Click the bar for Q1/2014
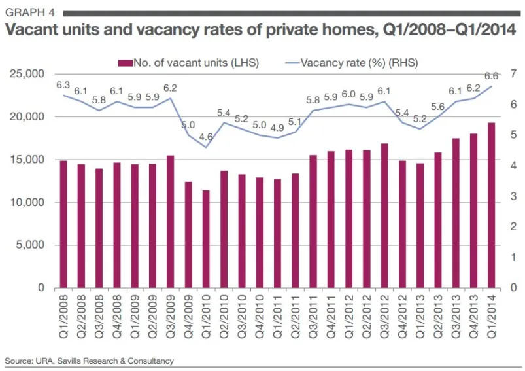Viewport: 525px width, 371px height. (x=490, y=205)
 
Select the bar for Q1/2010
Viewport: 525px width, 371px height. (x=206, y=239)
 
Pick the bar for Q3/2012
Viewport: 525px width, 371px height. (x=384, y=215)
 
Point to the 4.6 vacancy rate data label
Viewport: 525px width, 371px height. (x=207, y=137)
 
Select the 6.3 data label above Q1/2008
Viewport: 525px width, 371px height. (x=63, y=85)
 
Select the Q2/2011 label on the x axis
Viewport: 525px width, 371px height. (x=295, y=318)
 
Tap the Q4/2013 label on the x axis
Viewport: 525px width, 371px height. (x=473, y=318)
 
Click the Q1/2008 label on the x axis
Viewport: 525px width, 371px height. (x=63, y=318)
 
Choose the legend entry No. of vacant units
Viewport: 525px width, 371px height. (x=189, y=63)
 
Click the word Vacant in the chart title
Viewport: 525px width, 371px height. (x=33, y=31)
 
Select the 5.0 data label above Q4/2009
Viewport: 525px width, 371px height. (x=188, y=124)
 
